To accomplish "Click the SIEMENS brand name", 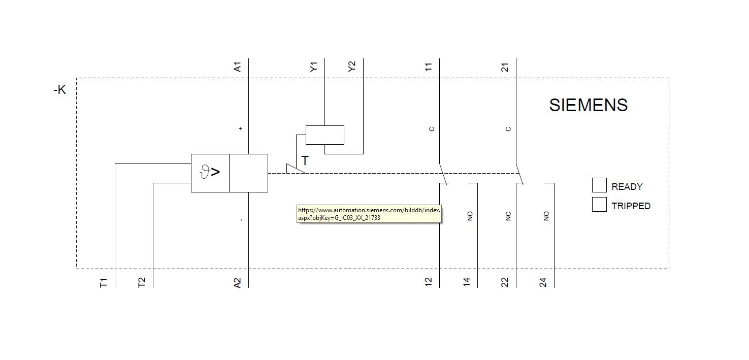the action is tap(589, 105).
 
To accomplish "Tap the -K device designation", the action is tap(60, 89).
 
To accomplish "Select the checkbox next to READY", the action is tap(599, 185).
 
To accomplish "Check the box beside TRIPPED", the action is tap(599, 204).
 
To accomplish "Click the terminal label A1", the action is tap(237, 67).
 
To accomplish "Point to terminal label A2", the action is tap(237, 283).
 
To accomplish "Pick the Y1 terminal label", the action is tap(313, 67).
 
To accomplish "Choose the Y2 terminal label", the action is tap(352, 67).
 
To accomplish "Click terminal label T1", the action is tap(103, 283).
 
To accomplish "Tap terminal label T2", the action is tap(142, 282).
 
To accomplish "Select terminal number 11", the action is tap(429, 67).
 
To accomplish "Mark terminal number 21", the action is tap(505, 67).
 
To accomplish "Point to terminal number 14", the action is tap(467, 282).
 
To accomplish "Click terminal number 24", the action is tap(543, 282).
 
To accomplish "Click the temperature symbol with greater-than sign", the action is tap(210, 172).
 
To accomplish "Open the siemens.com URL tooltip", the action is tap(369, 214).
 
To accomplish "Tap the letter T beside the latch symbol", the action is tap(305, 161).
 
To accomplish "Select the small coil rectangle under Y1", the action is tap(324, 135).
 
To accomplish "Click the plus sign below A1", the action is tap(240, 128).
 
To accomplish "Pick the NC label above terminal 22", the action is tap(508, 216).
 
